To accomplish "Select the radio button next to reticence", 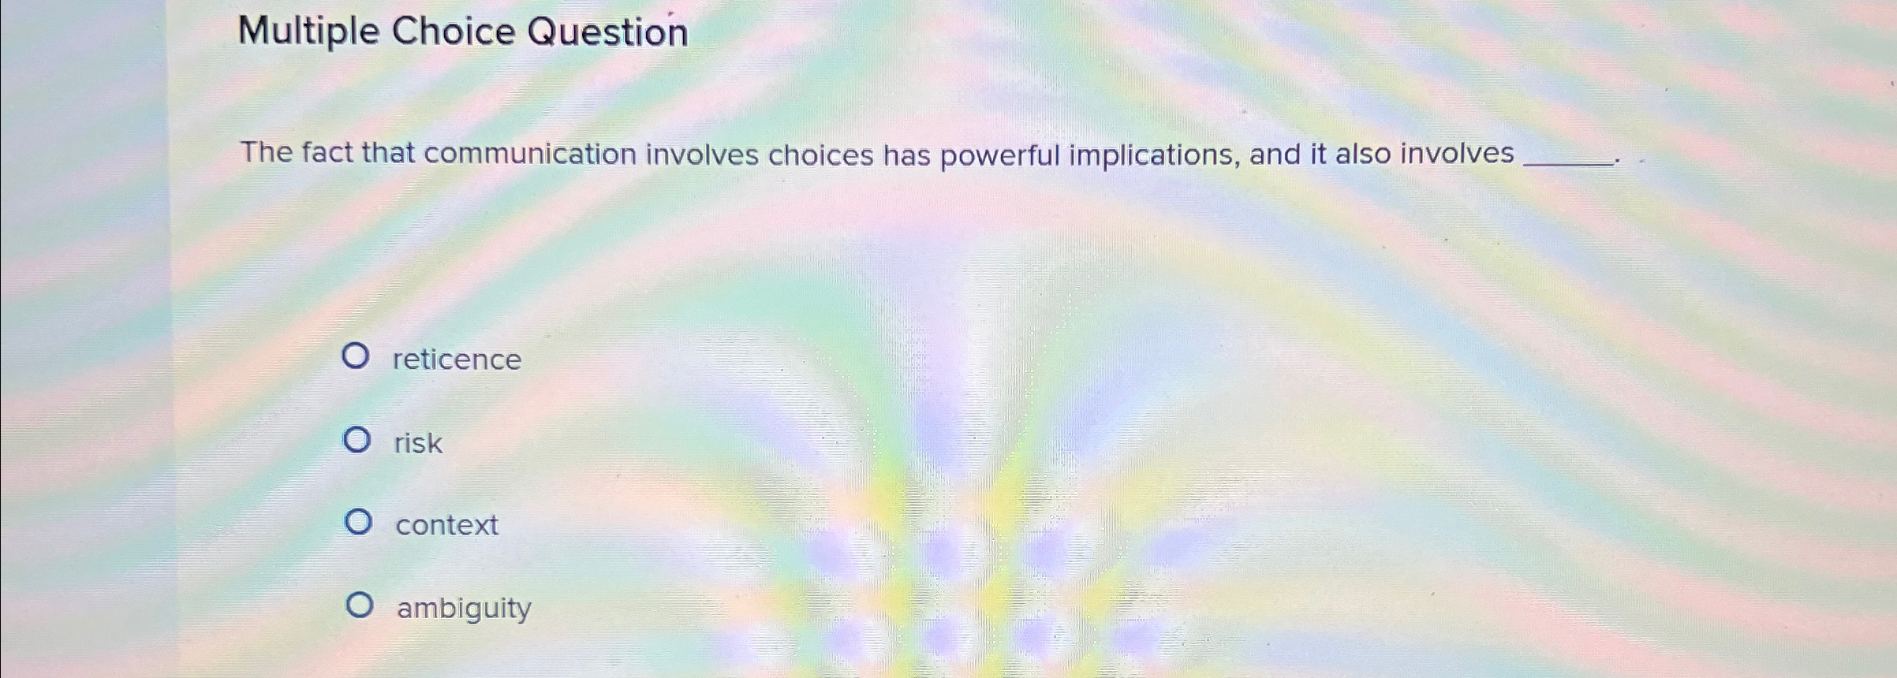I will click(355, 356).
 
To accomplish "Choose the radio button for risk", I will click(357, 440).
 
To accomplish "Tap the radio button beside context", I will click(358, 522).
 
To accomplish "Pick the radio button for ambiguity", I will click(360, 605).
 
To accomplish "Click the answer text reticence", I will click(457, 359).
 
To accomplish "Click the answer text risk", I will click(418, 443).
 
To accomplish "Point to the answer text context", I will click(446, 525).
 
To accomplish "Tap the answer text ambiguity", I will click(464, 609).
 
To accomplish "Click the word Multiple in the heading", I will click(308, 33).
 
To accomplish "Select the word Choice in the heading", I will click(453, 32).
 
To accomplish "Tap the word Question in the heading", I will click(607, 33).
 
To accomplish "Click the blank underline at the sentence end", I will click(1567, 162).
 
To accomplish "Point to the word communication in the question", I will click(529, 154).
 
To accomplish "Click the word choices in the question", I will click(820, 155).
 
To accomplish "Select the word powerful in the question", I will click(999, 156).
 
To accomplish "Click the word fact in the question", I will click(327, 152).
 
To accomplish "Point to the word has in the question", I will click(906, 155).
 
